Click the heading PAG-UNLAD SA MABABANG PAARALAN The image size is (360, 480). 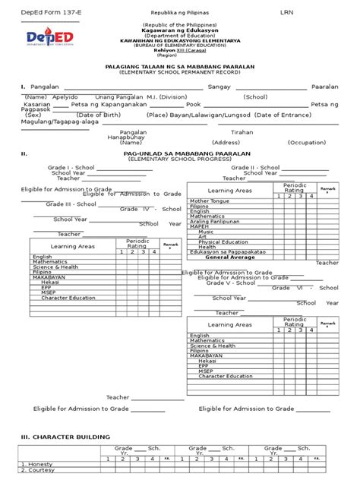click(179, 153)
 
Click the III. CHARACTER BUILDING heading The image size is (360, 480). click(66, 437)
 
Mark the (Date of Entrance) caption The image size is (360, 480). click(283, 115)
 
